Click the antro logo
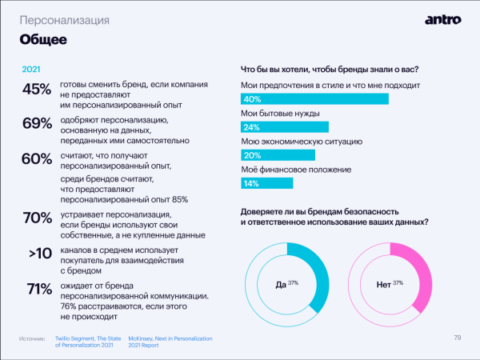click(440, 18)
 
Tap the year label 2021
click(31, 70)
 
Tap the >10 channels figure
click(41, 254)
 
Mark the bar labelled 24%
click(285, 127)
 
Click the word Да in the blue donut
click(281, 284)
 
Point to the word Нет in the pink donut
click(383, 284)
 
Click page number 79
click(458, 337)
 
